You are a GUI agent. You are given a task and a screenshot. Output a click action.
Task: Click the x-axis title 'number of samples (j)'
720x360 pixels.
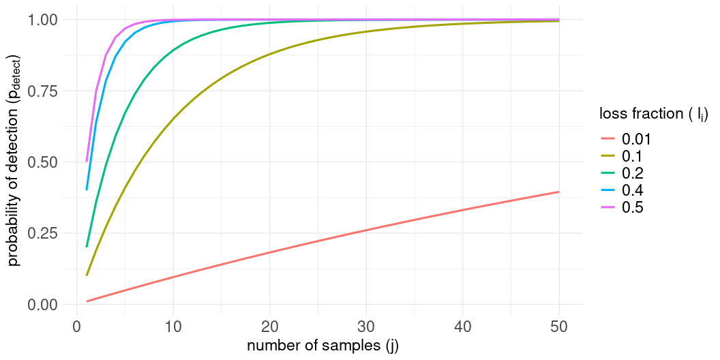click(x=322, y=346)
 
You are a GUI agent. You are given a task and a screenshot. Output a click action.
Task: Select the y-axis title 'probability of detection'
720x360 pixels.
click(x=15, y=162)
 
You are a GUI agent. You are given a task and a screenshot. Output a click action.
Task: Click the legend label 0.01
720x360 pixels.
click(x=637, y=139)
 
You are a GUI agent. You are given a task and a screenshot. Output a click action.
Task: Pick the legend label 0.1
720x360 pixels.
click(x=633, y=156)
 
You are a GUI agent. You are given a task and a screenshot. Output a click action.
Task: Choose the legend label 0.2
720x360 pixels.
click(x=633, y=173)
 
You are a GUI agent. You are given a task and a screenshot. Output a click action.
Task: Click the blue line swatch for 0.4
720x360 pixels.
click(x=607, y=190)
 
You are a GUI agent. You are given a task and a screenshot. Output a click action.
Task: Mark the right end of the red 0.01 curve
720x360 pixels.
click(x=559, y=192)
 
